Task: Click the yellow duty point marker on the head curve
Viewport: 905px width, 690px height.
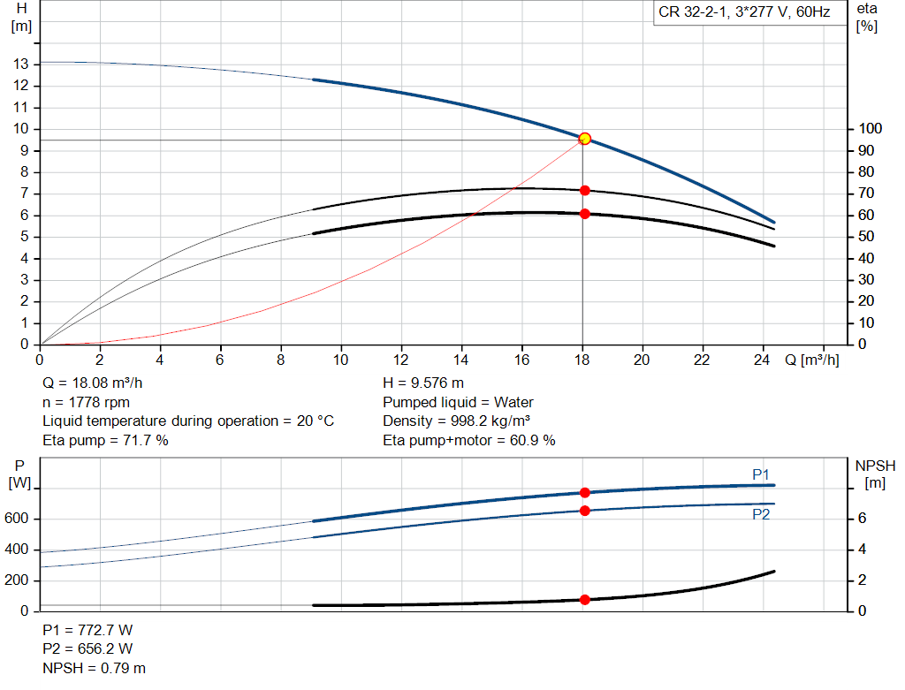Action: [x=584, y=139]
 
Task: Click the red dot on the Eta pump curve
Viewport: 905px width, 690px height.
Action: [x=584, y=190]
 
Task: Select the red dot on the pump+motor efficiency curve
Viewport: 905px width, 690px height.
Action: [x=584, y=214]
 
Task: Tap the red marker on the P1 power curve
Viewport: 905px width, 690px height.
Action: [x=584, y=493]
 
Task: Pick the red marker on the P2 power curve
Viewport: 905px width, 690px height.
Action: [x=584, y=511]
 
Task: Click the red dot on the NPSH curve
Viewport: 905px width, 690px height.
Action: [x=584, y=600]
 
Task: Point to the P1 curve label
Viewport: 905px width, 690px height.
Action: [x=761, y=474]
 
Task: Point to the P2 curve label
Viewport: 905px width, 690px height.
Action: [x=761, y=514]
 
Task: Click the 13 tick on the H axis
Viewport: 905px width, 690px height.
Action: [x=20, y=64]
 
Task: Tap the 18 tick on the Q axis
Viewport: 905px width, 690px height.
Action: [x=582, y=360]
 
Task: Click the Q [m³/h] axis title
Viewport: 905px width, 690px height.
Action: [x=811, y=360]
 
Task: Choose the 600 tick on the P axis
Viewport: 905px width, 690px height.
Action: [x=19, y=519]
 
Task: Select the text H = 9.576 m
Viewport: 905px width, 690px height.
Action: [x=423, y=383]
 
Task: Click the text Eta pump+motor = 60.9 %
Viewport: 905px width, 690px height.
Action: [x=469, y=440]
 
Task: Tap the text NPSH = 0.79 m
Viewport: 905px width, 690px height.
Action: [x=95, y=668]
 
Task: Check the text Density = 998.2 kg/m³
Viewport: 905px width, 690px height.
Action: [x=456, y=421]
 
